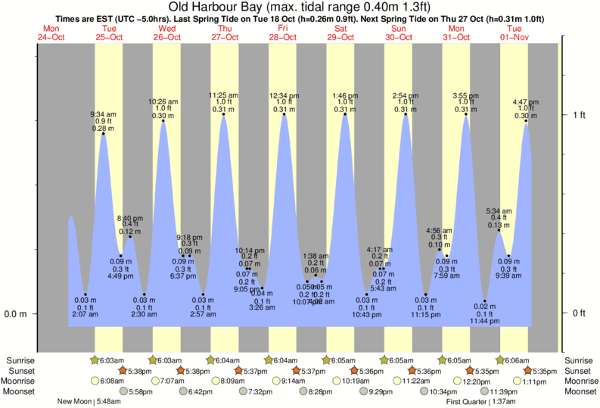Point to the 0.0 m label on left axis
[16, 313]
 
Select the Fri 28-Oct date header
[284, 33]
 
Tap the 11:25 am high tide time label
[224, 95]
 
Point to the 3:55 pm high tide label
[465, 95]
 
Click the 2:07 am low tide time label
[85, 315]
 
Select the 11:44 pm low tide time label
[484, 322]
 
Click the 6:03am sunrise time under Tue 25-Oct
[110, 361]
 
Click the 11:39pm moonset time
[503, 391]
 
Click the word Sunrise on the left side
[20, 361]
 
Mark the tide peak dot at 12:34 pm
[284, 114]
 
